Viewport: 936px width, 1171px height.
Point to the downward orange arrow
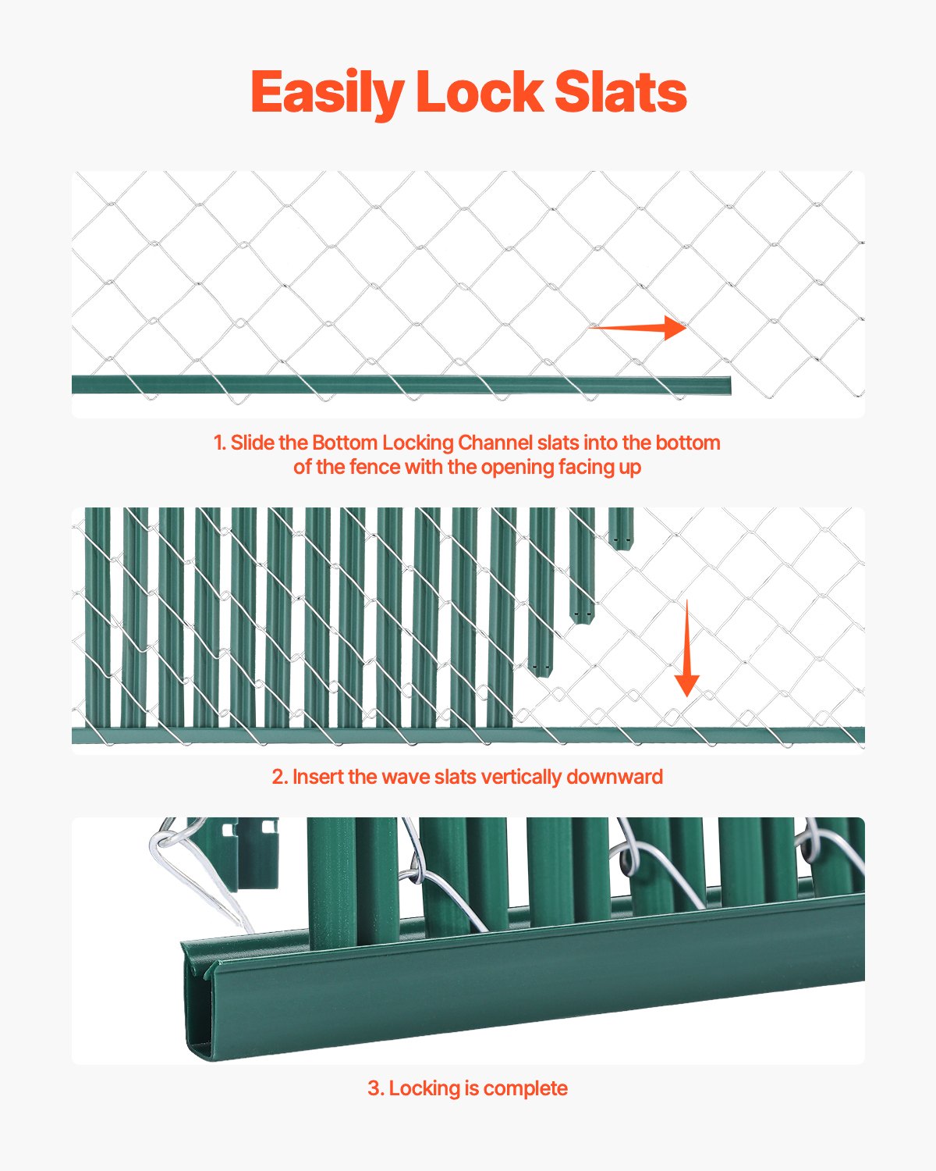(x=686, y=648)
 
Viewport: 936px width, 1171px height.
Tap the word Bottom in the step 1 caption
(x=344, y=443)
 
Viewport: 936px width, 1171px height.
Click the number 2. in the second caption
(x=280, y=777)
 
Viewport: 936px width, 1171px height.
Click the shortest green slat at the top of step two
(x=620, y=529)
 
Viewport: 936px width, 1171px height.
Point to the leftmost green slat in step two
(x=97, y=617)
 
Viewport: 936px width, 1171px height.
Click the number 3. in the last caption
(x=375, y=1088)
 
